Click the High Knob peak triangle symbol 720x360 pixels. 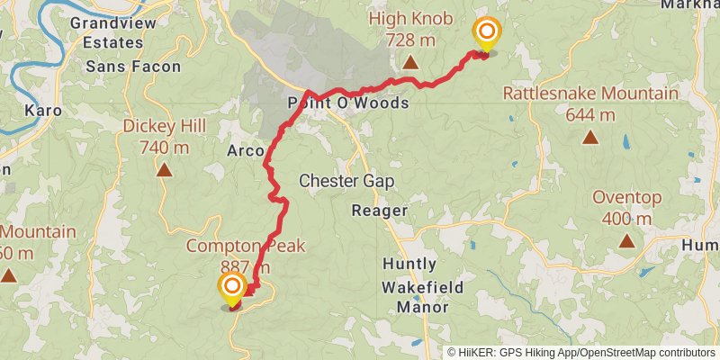(410, 63)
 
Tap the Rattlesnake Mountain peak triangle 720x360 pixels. (590, 137)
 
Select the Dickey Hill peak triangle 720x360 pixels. (164, 169)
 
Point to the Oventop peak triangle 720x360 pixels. (626, 240)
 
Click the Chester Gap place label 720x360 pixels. (346, 181)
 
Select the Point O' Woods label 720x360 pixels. (348, 103)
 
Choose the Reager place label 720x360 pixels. (379, 211)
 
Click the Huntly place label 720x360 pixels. (409, 265)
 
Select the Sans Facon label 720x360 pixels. (133, 67)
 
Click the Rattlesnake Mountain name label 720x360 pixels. (590, 94)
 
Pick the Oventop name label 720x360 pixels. (627, 198)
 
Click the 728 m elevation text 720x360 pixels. (410, 40)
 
